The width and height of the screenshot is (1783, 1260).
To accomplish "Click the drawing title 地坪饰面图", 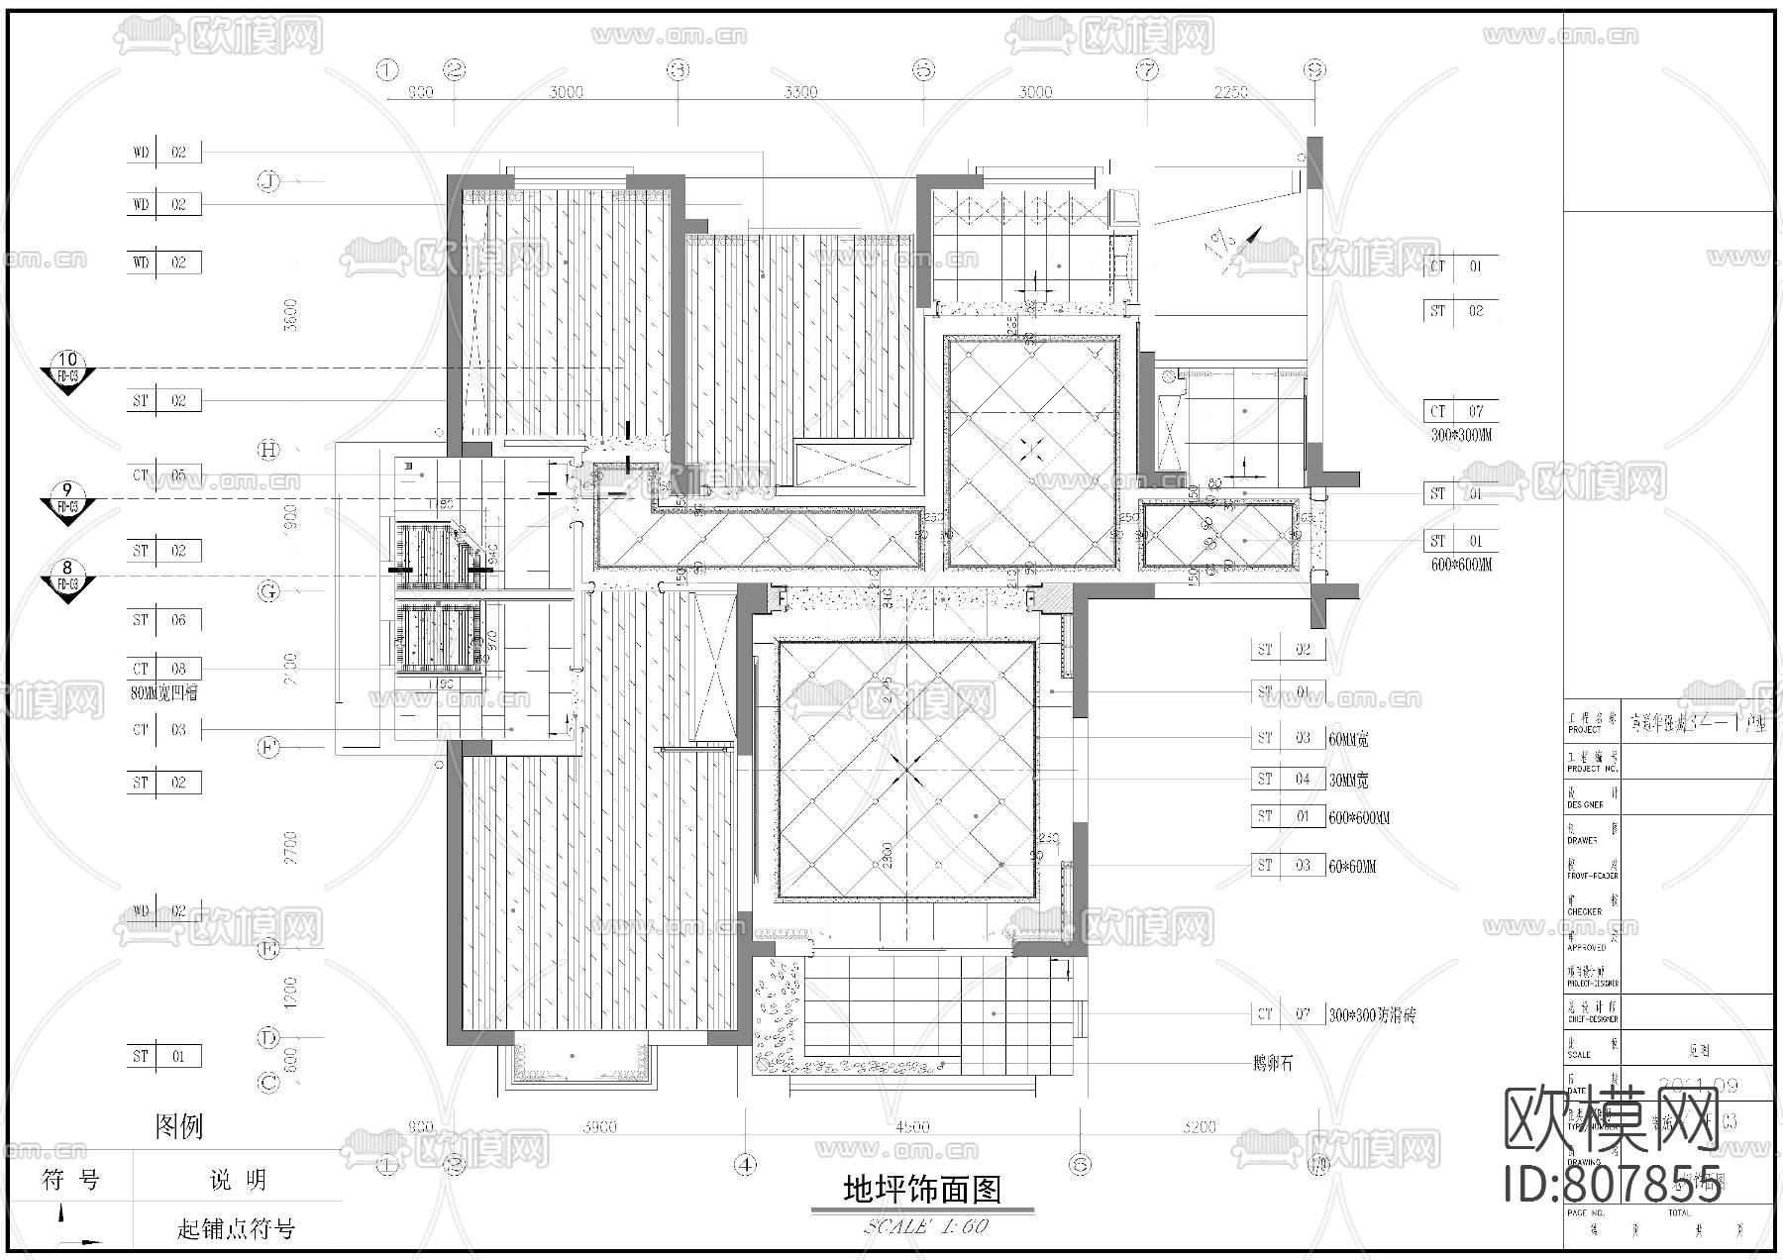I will tap(921, 1189).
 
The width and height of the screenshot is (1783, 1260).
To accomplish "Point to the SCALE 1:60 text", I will tap(925, 1226).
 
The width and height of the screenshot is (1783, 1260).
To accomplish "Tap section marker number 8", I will tap(67, 569).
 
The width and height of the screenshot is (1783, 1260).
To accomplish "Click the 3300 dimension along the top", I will tap(800, 92).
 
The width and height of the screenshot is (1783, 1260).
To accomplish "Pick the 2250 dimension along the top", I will tap(1231, 92).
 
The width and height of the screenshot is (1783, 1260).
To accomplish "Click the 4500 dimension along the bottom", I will tap(912, 1126).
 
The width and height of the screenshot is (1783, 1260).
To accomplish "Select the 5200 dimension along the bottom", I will tap(1199, 1126).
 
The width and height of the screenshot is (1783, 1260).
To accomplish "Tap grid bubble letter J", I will tap(268, 181).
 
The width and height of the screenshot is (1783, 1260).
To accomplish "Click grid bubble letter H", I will tap(268, 450).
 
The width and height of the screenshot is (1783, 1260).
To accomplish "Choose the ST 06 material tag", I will tap(163, 620).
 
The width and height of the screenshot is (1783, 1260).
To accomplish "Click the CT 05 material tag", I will tap(163, 475).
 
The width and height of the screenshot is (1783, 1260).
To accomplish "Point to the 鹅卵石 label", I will tap(1272, 1064).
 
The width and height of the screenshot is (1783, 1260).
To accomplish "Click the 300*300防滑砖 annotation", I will tap(1372, 1015).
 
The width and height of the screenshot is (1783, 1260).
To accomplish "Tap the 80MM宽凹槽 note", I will tap(163, 693).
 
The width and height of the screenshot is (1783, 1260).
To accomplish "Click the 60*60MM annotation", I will tap(1352, 867).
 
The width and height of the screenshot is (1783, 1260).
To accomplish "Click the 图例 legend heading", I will tap(179, 1126).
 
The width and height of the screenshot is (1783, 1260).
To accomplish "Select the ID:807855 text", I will tap(1613, 1185).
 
